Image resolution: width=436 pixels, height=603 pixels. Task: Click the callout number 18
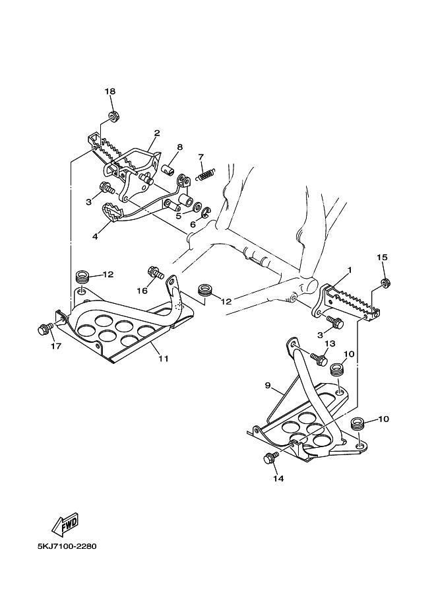click(x=110, y=91)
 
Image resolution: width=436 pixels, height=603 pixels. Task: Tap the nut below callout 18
click(x=113, y=116)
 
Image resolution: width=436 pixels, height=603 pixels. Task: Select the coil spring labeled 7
click(x=206, y=174)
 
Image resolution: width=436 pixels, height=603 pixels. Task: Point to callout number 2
click(x=157, y=133)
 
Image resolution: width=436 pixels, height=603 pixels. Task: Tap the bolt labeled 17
click(x=46, y=329)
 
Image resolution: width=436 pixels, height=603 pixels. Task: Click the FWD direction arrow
click(x=66, y=524)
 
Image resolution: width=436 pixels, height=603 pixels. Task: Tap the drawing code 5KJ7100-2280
click(x=67, y=546)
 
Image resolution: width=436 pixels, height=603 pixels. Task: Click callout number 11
click(x=164, y=359)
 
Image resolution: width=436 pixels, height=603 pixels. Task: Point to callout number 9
click(x=268, y=385)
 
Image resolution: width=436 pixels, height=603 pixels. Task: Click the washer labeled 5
click(x=198, y=207)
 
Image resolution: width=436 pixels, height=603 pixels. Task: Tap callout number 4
click(x=95, y=236)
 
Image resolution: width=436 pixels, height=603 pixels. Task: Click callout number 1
click(x=350, y=270)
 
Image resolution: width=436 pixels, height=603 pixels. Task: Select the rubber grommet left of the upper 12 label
click(x=81, y=277)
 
